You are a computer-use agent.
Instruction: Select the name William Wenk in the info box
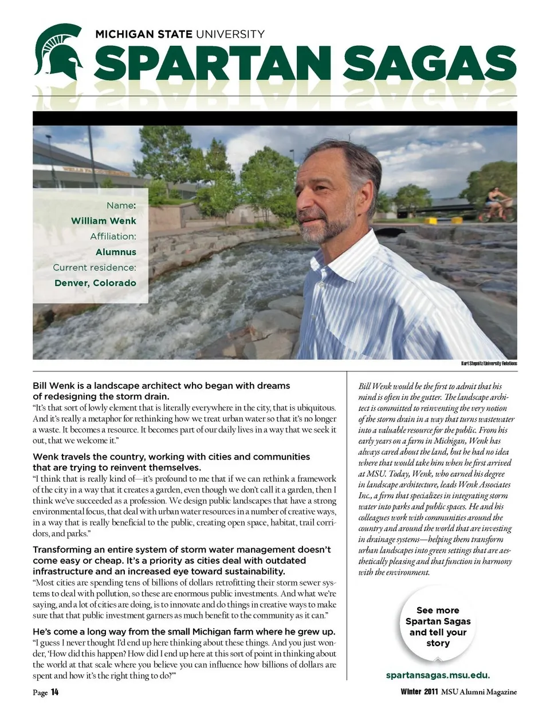pos(104,221)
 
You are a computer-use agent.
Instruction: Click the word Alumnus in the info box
pos(116,252)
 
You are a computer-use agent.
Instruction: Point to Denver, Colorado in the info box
pos(95,283)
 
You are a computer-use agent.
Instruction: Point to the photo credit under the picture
pos(489,363)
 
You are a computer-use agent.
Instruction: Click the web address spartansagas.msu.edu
pos(438,675)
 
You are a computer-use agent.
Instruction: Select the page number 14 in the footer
pos(54,692)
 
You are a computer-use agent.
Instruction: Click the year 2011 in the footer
pos(431,692)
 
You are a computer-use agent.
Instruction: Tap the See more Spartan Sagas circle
pos(438,627)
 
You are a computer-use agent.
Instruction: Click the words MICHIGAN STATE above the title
pos(144,34)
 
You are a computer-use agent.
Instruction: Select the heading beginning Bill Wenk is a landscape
pos(161,391)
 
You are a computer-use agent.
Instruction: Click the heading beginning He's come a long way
pos(184,632)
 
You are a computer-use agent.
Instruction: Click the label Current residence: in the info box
pos(95,267)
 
